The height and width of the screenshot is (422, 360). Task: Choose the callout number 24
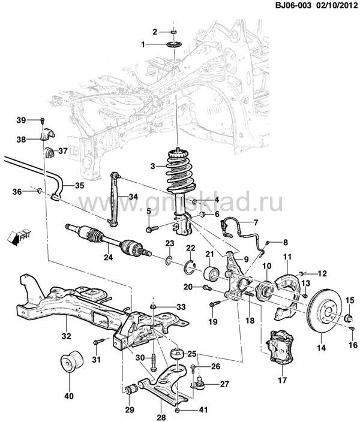108,258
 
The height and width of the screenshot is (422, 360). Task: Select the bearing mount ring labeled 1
175,46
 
